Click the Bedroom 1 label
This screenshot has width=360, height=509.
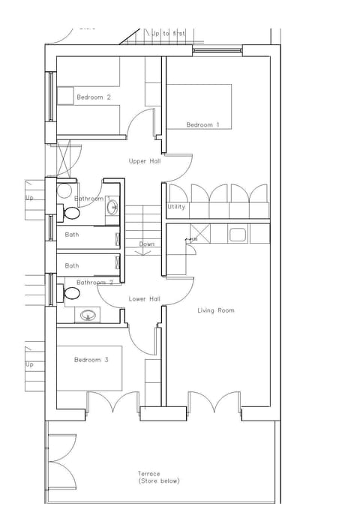[x=202, y=124]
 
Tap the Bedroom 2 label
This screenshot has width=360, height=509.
[x=94, y=97]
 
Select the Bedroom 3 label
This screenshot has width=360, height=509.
[x=91, y=361]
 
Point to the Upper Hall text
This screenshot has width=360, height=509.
[x=145, y=161]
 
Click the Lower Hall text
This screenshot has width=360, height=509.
[x=145, y=299]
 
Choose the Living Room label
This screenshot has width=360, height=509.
[x=216, y=310]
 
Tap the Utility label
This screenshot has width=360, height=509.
[x=176, y=207]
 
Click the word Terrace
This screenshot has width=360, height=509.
[x=148, y=474]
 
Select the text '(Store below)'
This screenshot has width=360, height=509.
[x=159, y=481]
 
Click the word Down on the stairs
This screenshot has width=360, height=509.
[x=147, y=244]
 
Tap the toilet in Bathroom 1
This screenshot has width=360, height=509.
[x=72, y=214]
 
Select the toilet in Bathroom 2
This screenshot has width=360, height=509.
[x=72, y=292]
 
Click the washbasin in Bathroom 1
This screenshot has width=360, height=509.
[x=112, y=208]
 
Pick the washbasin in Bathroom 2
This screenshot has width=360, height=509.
[x=88, y=316]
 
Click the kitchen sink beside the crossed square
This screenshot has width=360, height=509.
[x=238, y=235]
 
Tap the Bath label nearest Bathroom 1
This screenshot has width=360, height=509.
[x=72, y=235]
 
